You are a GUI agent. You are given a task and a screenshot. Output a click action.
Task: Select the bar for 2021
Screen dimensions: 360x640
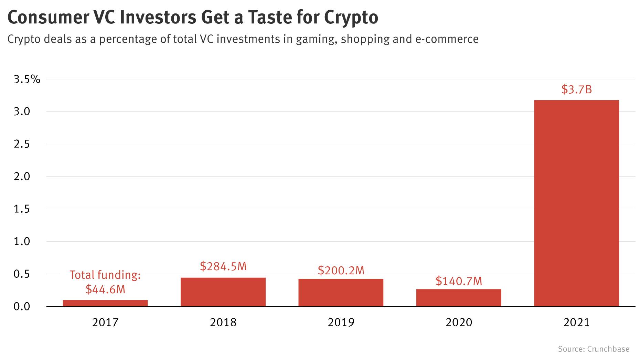click(576, 203)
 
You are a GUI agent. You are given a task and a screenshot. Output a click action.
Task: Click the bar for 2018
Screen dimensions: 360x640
click(223, 292)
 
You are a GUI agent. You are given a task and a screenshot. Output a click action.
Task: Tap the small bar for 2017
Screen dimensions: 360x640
click(105, 303)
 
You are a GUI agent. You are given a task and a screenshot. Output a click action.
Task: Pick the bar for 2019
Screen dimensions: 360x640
click(341, 293)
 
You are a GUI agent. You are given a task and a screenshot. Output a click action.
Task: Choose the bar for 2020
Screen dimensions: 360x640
click(459, 298)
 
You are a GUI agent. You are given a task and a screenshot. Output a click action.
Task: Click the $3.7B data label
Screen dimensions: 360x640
click(576, 89)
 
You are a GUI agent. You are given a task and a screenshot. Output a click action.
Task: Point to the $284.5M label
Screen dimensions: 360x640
click(223, 266)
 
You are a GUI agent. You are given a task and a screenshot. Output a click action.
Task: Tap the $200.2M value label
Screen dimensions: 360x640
click(341, 271)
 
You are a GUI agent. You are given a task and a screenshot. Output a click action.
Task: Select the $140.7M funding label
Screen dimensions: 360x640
click(459, 281)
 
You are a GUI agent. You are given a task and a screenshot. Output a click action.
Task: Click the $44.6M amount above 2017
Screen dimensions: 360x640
click(105, 289)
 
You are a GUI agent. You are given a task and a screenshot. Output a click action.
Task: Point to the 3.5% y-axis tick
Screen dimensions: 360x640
click(27, 80)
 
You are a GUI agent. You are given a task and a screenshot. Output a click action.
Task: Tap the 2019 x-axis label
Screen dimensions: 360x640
click(341, 322)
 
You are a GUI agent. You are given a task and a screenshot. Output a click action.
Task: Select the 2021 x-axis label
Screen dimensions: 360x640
click(576, 322)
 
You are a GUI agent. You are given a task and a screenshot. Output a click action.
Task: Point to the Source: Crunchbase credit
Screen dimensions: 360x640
click(594, 349)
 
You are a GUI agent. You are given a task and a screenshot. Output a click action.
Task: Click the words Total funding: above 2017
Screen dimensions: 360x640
click(105, 275)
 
